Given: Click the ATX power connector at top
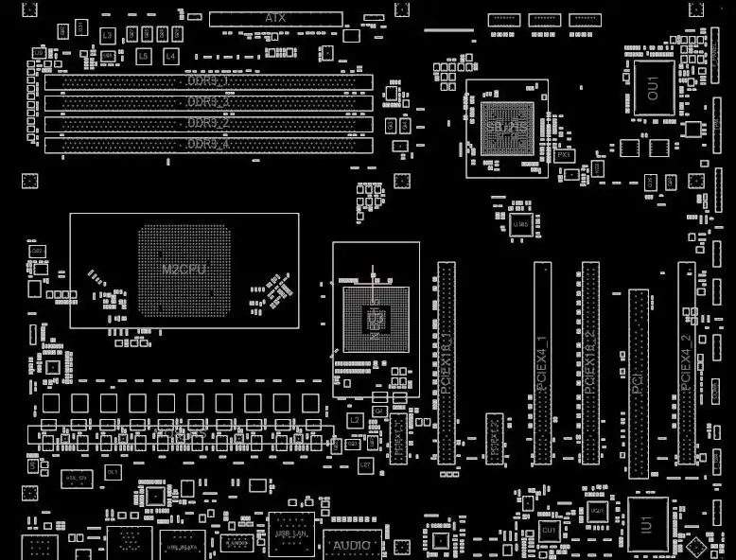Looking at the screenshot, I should click(x=275, y=18).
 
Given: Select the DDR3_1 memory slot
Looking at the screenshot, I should click(x=208, y=82).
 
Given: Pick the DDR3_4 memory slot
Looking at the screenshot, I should click(x=208, y=144).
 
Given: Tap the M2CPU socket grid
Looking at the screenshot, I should click(x=184, y=270).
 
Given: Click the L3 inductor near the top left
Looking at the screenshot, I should click(x=107, y=35).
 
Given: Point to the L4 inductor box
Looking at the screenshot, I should click(x=170, y=57).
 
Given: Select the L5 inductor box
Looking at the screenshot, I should click(x=143, y=57).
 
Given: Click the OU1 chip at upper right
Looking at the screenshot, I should click(x=653, y=89).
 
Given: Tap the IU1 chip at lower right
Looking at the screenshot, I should click(x=647, y=523).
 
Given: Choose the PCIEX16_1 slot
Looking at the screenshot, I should click(x=446, y=363).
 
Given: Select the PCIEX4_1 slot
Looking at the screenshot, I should click(x=542, y=363).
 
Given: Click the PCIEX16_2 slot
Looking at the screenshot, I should click(x=590, y=363).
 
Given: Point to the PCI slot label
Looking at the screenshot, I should click(x=639, y=382).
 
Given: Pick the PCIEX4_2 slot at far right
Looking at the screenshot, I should click(x=686, y=363).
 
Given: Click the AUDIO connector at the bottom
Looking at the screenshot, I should click(x=352, y=545).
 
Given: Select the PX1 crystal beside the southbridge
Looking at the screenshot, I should click(x=564, y=154).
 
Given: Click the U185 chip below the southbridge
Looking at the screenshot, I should click(x=519, y=224).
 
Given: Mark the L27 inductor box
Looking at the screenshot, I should click(x=365, y=465).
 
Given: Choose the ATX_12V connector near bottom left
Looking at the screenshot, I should click(x=78, y=480).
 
